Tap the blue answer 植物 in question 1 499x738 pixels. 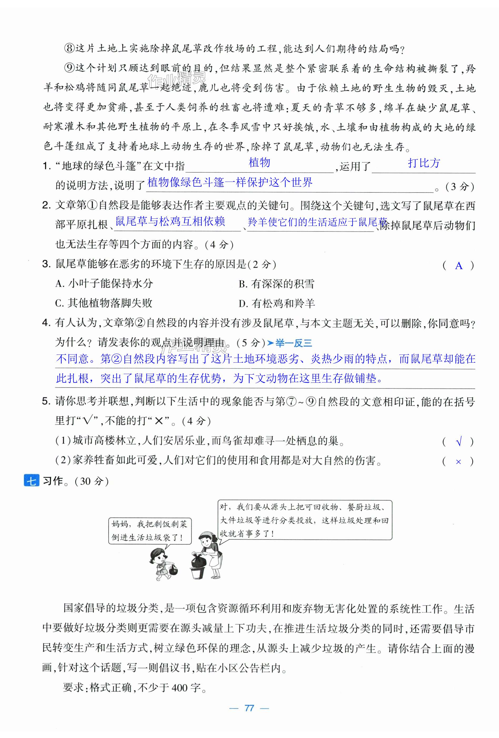pyautogui.click(x=259, y=163)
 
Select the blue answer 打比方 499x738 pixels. pyautogui.click(x=424, y=163)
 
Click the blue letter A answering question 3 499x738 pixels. pyautogui.click(x=458, y=265)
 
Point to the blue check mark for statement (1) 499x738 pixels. pyautogui.click(x=458, y=441)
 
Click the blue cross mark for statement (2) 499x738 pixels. pyautogui.click(x=458, y=462)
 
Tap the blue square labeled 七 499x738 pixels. pyautogui.click(x=31, y=481)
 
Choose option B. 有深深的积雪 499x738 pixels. pyautogui.click(x=276, y=284)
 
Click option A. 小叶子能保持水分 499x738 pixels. pyautogui.click(x=104, y=283)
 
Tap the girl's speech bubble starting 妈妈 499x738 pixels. pyautogui.click(x=150, y=531)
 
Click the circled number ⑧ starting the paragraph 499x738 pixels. pyautogui.click(x=69, y=48)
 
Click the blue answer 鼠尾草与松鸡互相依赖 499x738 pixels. pyautogui.click(x=170, y=221)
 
